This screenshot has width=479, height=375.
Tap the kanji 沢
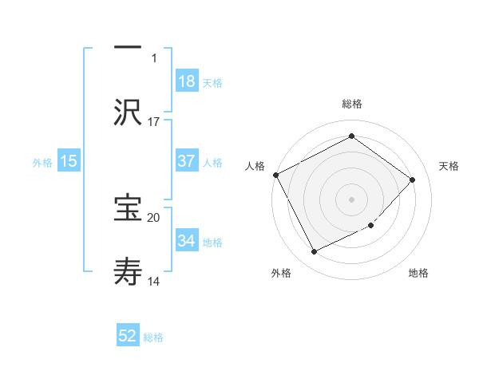click(128, 112)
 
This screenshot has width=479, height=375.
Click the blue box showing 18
click(187, 81)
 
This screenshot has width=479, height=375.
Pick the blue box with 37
click(187, 161)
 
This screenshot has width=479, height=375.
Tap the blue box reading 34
click(187, 241)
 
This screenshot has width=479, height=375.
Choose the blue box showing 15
click(69, 161)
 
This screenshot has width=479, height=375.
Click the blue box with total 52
click(128, 337)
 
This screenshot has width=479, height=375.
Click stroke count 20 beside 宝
click(154, 217)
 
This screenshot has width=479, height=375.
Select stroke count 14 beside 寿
click(154, 281)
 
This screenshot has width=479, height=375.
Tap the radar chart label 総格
click(351, 104)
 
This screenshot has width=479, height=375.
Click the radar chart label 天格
click(449, 166)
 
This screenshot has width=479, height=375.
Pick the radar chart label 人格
click(255, 166)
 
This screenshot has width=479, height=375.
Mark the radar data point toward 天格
click(413, 180)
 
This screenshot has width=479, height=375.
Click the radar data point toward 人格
click(275, 175)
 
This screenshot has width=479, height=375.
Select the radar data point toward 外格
click(314, 252)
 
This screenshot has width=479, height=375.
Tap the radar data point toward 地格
click(371, 226)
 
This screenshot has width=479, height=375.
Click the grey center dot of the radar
click(351, 199)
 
